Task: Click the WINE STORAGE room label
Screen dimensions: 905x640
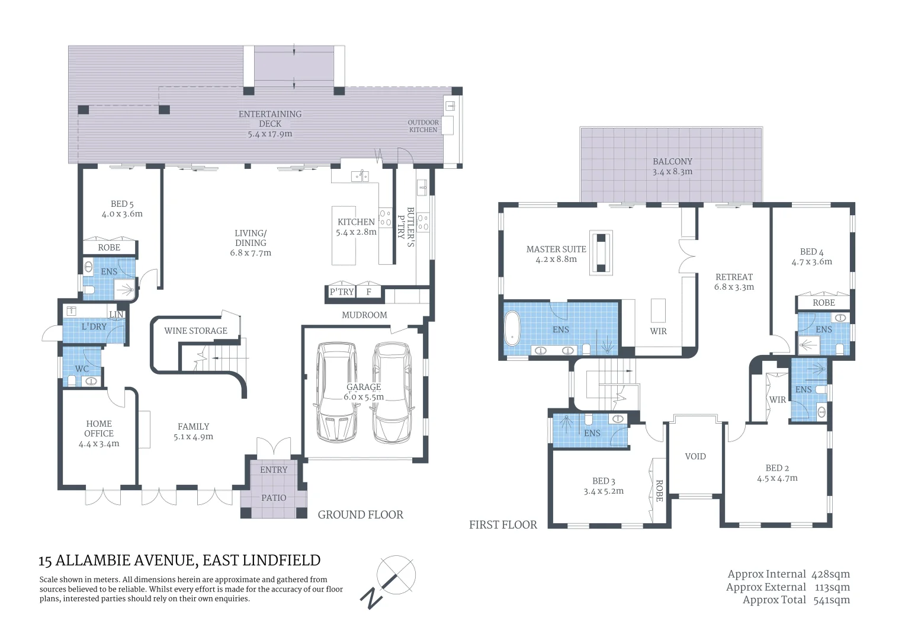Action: [x=195, y=331]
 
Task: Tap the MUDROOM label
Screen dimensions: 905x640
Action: [x=364, y=315]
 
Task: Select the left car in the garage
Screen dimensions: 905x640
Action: [x=336, y=392]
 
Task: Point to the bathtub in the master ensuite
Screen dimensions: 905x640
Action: [x=512, y=328]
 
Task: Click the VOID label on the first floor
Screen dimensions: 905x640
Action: [x=695, y=456]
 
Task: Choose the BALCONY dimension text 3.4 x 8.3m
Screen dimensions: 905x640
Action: [x=672, y=171]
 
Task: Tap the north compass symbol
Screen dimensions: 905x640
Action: [x=388, y=582]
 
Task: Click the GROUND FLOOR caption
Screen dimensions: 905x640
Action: [x=360, y=515]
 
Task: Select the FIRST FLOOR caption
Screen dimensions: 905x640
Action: [x=503, y=525]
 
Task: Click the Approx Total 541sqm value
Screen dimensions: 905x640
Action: [x=832, y=600]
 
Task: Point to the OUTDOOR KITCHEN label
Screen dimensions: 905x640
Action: [x=423, y=126]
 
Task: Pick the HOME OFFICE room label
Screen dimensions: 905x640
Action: [x=99, y=428]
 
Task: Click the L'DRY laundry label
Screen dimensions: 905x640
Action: [x=94, y=327]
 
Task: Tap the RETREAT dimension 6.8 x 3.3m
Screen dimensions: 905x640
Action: [x=734, y=287]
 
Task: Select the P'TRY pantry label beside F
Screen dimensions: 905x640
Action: [x=341, y=292]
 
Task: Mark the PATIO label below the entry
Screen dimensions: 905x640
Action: [x=274, y=498]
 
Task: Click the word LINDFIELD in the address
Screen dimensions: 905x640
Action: [x=281, y=561]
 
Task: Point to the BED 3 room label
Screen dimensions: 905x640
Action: [x=604, y=481]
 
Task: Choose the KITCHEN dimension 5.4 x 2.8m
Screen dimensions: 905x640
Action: [x=356, y=232]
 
